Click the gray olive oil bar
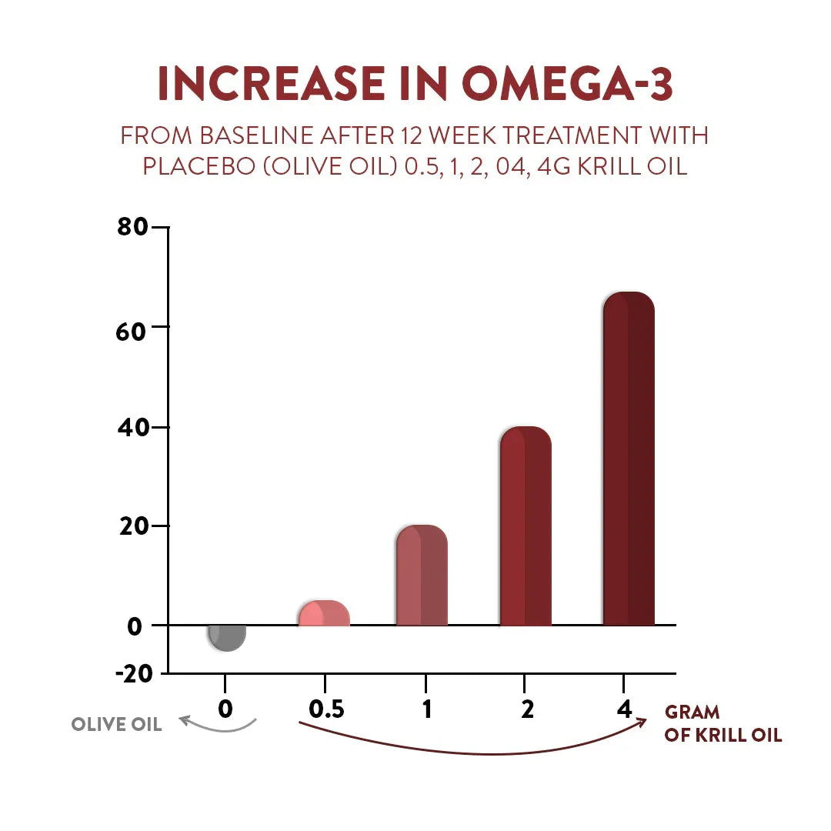[228, 637]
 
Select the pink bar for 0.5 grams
[324, 613]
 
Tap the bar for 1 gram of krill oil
[422, 576]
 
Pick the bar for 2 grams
[526, 526]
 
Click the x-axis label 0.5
[325, 709]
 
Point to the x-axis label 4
[623, 708]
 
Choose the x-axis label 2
[526, 709]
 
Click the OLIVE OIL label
[116, 725]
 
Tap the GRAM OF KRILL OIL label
[723, 724]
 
